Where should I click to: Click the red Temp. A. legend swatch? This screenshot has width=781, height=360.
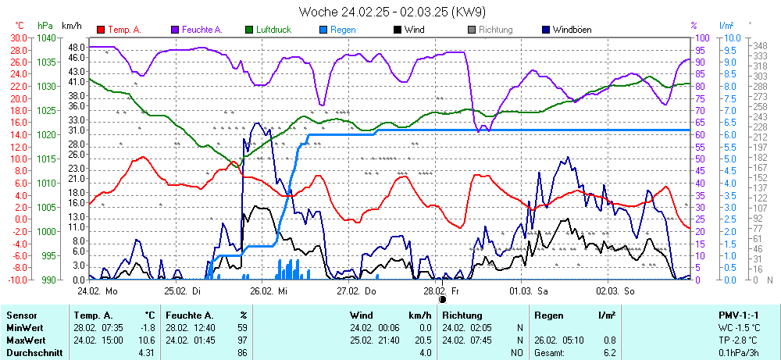(x=101, y=30)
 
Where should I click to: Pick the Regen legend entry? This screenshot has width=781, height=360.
(x=343, y=30)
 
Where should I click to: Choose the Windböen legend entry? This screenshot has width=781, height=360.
(x=571, y=30)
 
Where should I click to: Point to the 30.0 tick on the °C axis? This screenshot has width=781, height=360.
(x=18, y=37)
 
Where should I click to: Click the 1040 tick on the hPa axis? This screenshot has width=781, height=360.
(x=46, y=37)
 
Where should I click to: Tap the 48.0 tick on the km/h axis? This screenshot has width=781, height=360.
(x=76, y=48)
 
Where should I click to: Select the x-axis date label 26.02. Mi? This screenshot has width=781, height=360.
(x=269, y=290)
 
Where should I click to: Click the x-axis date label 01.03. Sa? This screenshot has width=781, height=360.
(x=529, y=290)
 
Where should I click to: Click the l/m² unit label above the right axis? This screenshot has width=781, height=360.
(x=726, y=25)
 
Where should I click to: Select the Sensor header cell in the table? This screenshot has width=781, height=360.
(x=22, y=315)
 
